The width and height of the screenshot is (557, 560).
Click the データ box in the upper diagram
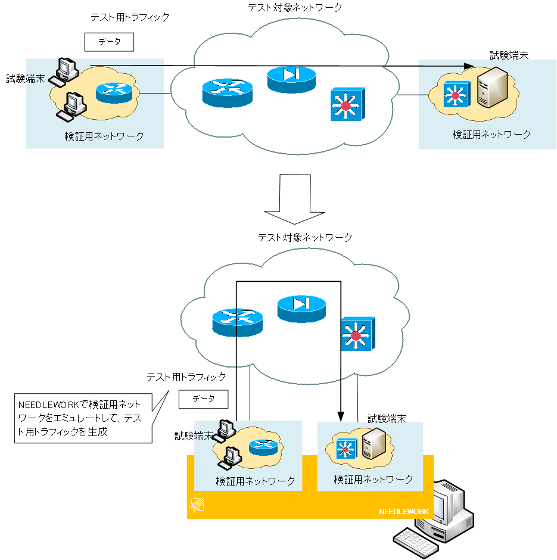[x=109, y=42]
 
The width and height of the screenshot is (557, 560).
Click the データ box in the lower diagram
[x=203, y=399]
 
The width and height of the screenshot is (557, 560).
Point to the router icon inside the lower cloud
[x=237, y=322]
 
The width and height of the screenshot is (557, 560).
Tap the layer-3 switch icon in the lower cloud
[x=356, y=334]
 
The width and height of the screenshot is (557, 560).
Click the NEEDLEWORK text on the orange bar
[x=403, y=512]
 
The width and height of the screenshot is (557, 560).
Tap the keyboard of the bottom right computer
[x=416, y=542]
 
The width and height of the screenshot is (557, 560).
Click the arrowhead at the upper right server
[x=469, y=67]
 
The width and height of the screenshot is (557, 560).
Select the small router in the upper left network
[x=114, y=92]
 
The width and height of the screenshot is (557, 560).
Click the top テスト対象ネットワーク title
[x=295, y=8]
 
